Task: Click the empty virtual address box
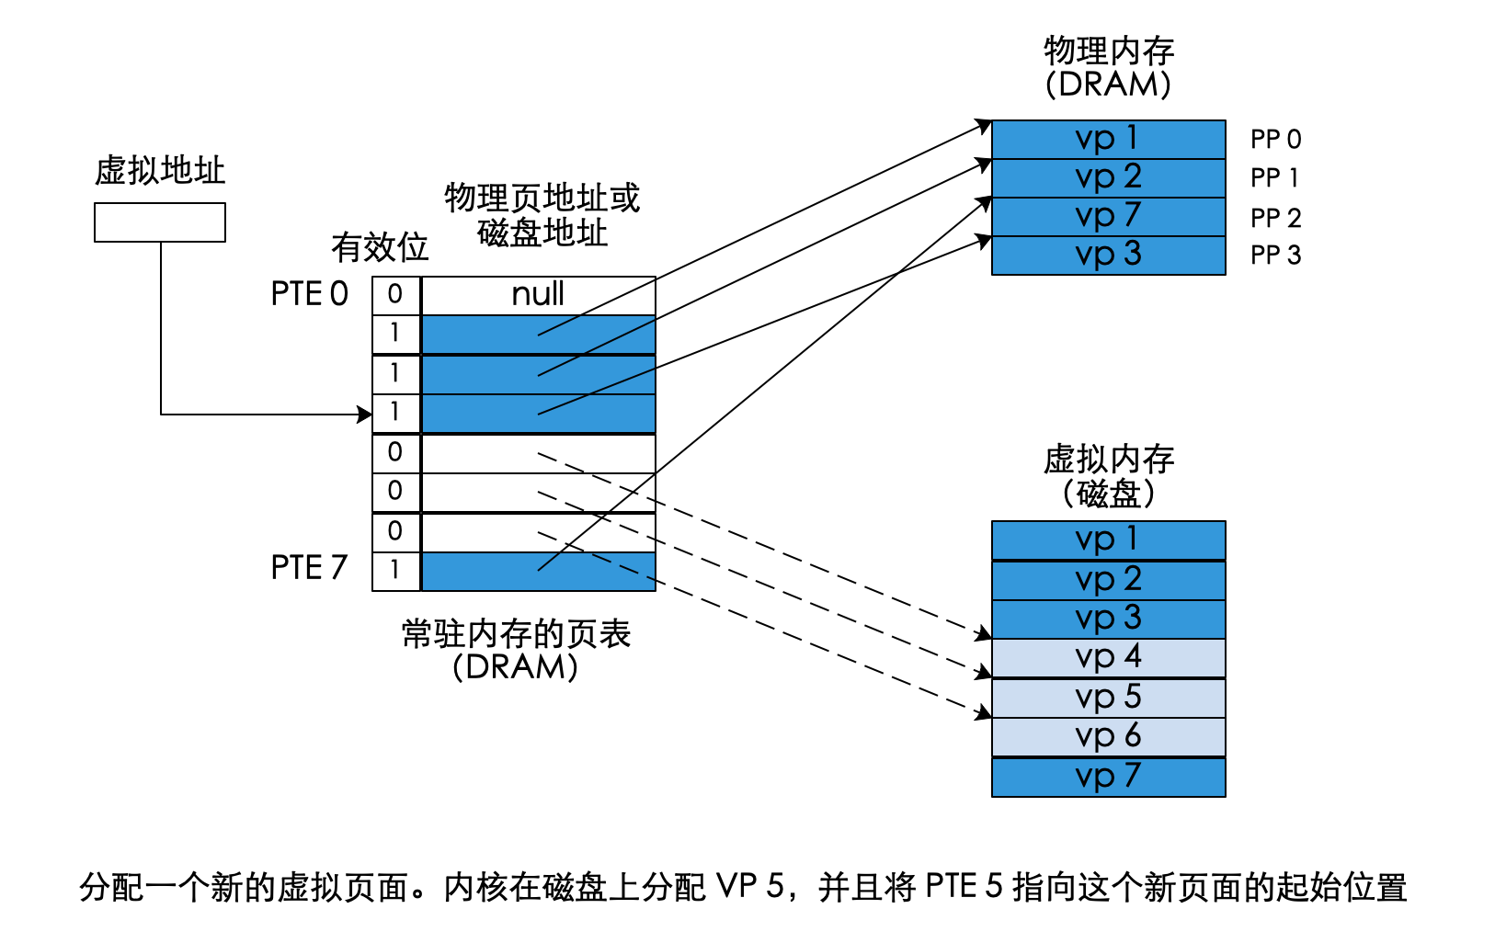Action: (160, 222)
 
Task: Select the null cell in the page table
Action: (538, 295)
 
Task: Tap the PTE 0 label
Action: (309, 294)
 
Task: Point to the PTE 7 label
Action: (309, 568)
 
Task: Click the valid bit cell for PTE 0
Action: (395, 295)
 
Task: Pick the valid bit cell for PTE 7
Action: (395, 570)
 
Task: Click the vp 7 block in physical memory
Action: (1108, 216)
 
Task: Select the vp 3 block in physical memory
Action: (1108, 255)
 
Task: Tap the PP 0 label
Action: (1275, 140)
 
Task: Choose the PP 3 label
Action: (1275, 256)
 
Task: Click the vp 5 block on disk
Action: (1108, 698)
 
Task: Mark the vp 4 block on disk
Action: (1108, 657)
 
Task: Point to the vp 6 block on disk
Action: (1108, 736)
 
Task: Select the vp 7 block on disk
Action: (1108, 777)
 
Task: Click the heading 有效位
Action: (380, 247)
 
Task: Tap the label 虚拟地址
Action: (160, 171)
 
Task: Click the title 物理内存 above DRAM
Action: (1108, 51)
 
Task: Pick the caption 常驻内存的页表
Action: (516, 634)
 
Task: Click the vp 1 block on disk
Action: (1108, 540)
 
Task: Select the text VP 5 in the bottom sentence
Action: (749, 887)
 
